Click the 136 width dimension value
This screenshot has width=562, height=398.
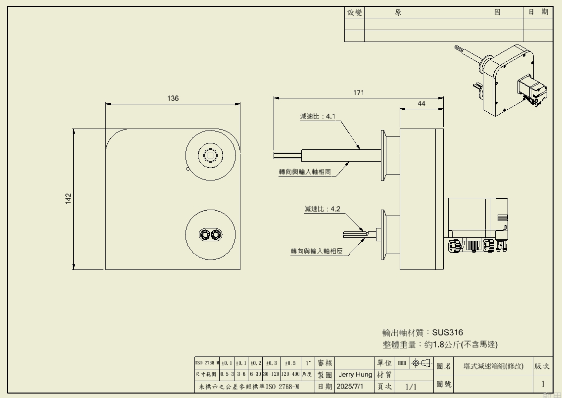pyautogui.click(x=173, y=98)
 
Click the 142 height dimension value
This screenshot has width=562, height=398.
pyautogui.click(x=68, y=198)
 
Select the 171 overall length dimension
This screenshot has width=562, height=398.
pyautogui.click(x=359, y=92)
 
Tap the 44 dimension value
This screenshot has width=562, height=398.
pyautogui.click(x=421, y=103)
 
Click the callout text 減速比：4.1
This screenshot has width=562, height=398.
pyautogui.click(x=318, y=117)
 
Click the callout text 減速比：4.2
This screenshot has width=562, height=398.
pyautogui.click(x=322, y=209)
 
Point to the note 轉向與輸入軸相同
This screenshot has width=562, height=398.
pyautogui.click(x=305, y=172)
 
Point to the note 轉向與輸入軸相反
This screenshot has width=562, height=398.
pyautogui.click(x=317, y=251)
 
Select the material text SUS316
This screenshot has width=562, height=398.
pyautogui.click(x=448, y=332)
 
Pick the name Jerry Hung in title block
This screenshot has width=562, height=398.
pyautogui.click(x=355, y=375)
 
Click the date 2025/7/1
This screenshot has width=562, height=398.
pyautogui.click(x=350, y=386)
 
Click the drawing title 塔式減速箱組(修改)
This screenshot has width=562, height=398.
pyautogui.click(x=493, y=366)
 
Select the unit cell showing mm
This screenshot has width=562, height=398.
pyautogui.click(x=402, y=363)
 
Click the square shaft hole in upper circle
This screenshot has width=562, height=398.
pyautogui.click(x=211, y=155)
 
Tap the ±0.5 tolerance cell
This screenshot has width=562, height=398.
pyautogui.click(x=290, y=363)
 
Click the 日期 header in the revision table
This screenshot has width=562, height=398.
pyautogui.click(x=538, y=12)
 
